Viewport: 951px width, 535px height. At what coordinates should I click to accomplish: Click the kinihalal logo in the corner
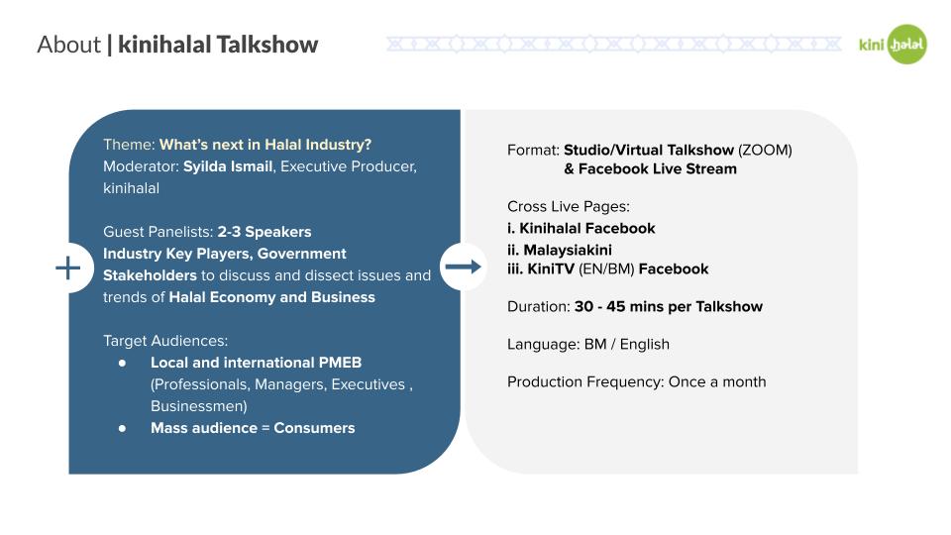[x=893, y=45]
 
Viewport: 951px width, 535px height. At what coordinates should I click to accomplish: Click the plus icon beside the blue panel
[x=68, y=267]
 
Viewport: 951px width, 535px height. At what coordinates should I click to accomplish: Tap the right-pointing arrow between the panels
[x=464, y=267]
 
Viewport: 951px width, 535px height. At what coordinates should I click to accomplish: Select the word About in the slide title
[x=68, y=45]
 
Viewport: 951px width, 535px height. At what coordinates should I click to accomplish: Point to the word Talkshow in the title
[x=266, y=45]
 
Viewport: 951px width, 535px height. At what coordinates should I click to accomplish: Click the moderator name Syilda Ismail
[x=228, y=166]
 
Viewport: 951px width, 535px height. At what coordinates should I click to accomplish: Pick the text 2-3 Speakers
[x=264, y=232]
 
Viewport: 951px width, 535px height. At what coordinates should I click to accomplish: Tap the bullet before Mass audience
[x=123, y=428]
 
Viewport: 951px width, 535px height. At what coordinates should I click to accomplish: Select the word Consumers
[x=314, y=428]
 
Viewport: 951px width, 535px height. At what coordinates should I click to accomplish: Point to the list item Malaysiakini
[x=559, y=250]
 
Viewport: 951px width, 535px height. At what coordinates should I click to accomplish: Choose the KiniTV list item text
[x=607, y=268]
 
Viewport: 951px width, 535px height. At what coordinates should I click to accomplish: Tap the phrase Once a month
[x=717, y=381]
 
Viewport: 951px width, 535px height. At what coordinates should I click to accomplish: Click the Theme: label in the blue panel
[x=129, y=145]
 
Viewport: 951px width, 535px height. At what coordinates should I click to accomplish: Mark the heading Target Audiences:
[x=165, y=341]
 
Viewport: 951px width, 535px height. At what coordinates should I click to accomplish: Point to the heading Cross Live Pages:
[x=569, y=207]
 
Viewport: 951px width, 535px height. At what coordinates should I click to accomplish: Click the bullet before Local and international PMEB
[x=123, y=363]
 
